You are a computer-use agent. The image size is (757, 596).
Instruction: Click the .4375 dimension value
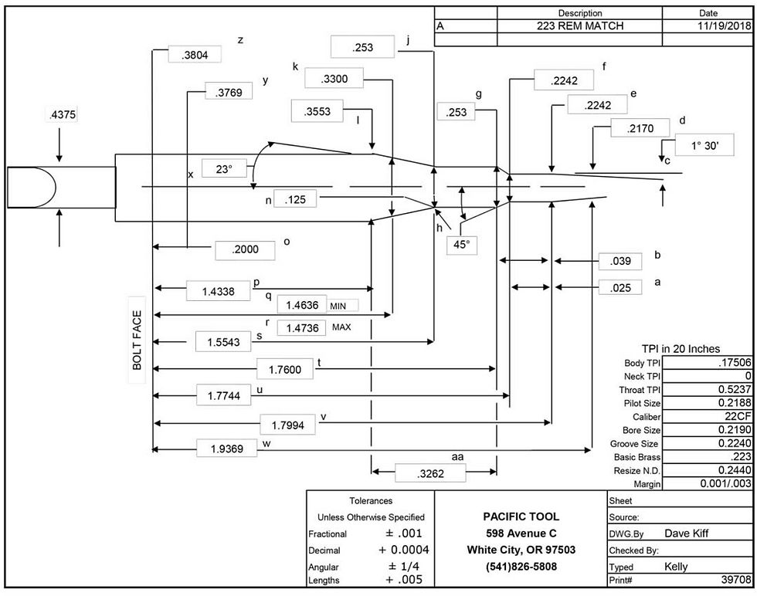coord(63,115)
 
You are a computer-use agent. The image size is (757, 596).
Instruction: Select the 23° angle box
coord(224,169)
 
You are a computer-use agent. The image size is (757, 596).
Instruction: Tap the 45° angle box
coord(462,245)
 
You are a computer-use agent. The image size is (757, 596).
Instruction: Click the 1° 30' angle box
coord(704,145)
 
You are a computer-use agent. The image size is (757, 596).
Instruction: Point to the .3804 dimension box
coord(195,55)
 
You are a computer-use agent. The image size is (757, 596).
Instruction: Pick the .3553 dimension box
coord(317,111)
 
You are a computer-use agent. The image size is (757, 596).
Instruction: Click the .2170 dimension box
coord(640,128)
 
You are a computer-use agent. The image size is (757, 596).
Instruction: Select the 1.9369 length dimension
coord(227,449)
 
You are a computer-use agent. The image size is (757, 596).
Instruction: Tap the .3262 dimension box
coord(430,473)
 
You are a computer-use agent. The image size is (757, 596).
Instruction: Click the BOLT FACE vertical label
coord(137,340)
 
